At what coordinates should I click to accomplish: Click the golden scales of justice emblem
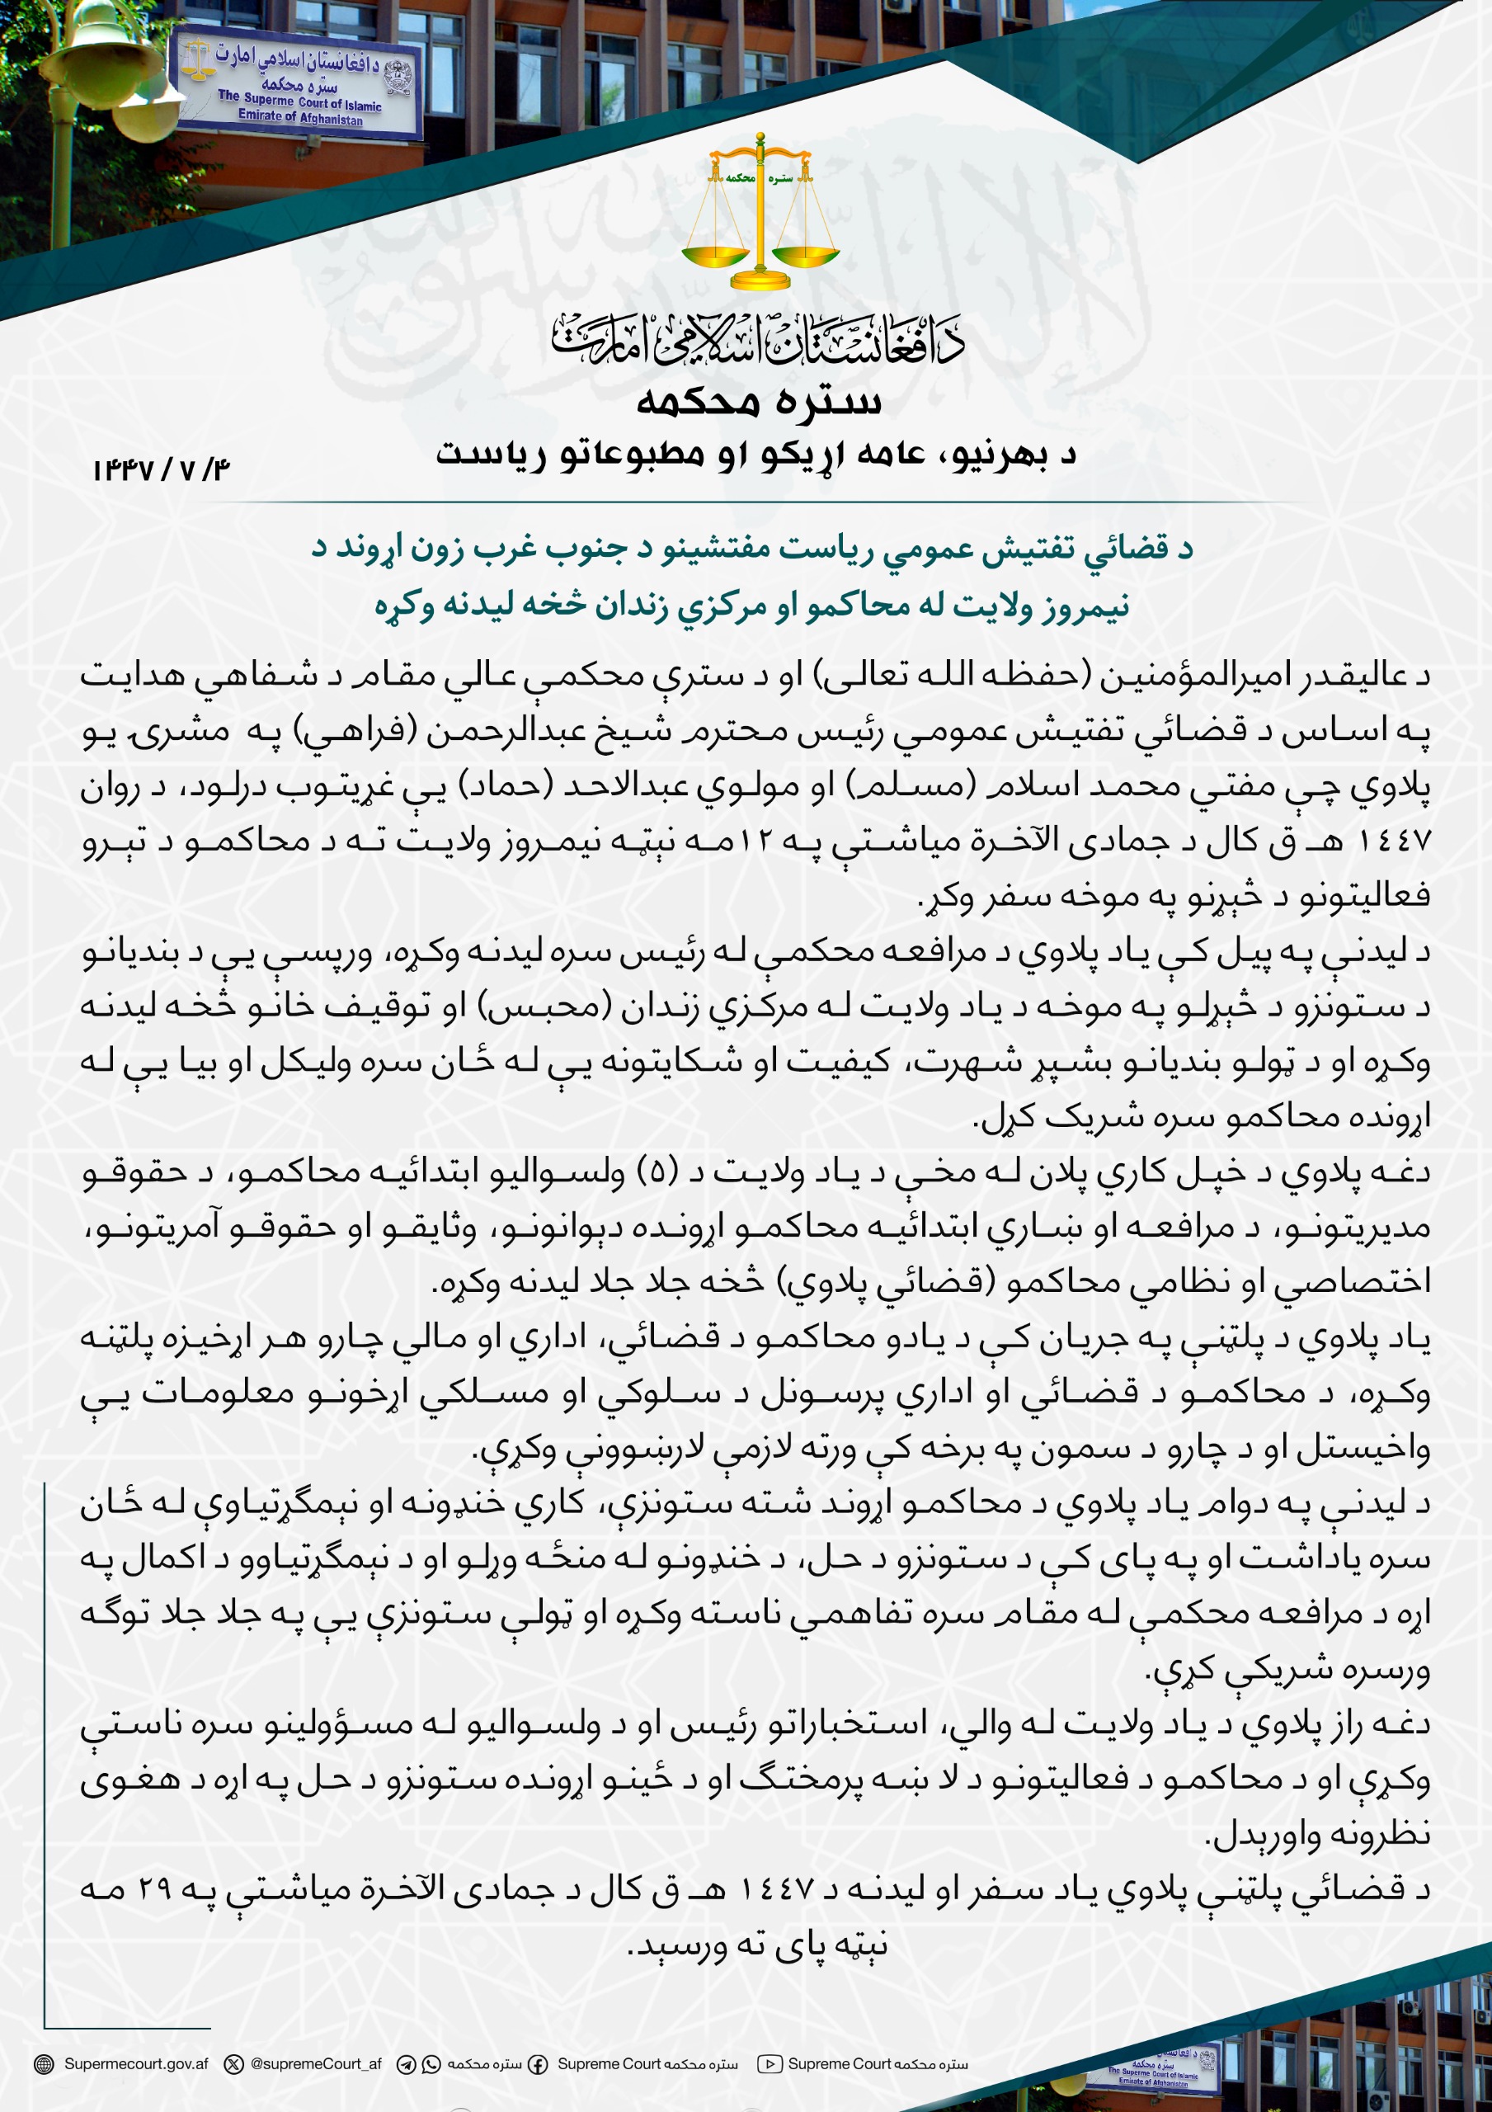(760, 211)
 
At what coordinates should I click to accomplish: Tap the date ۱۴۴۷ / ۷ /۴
(161, 470)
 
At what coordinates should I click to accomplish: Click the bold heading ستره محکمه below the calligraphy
(759, 402)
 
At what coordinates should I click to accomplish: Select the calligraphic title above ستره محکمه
(759, 339)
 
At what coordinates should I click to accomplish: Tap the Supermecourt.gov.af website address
(136, 2063)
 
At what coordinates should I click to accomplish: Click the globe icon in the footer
(43, 2064)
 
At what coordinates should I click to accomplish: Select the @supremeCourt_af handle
(316, 2063)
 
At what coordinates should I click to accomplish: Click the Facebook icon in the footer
(537, 2064)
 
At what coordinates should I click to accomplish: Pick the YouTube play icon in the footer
(769, 2064)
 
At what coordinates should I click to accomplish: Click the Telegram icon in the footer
(406, 2064)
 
